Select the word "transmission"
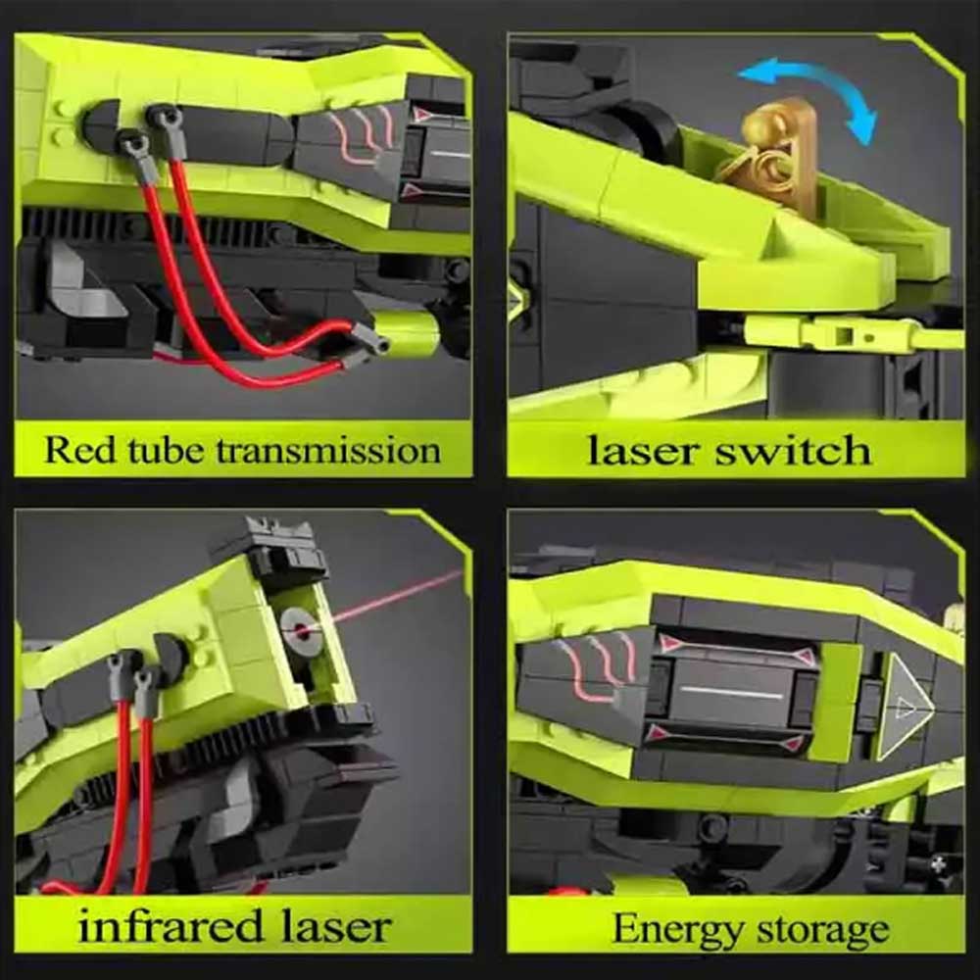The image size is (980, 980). click(328, 450)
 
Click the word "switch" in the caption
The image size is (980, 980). click(793, 450)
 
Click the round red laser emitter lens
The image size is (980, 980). click(302, 629)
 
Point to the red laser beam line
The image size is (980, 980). click(393, 598)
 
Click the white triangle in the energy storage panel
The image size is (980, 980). click(905, 707)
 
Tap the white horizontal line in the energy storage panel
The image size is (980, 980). click(730, 692)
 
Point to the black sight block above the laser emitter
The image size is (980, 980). click(284, 550)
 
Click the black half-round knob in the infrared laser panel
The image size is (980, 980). click(170, 653)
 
